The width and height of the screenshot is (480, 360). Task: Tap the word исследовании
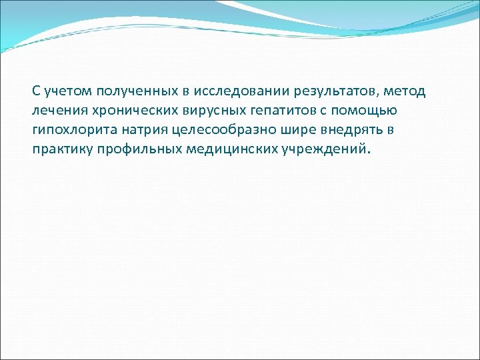click(x=213, y=91)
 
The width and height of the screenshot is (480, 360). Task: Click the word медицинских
click(x=214, y=149)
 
